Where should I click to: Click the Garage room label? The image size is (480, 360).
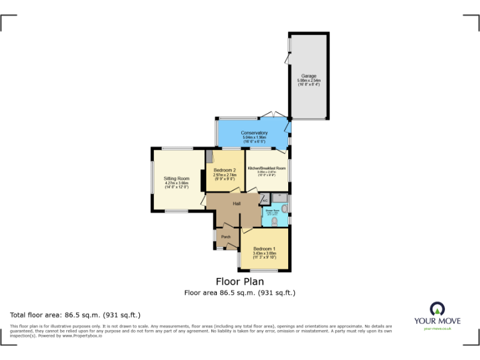[308, 76]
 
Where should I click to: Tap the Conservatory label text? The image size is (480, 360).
[254, 133]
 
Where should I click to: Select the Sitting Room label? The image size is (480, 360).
[176, 179]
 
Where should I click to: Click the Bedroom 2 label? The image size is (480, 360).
[224, 170]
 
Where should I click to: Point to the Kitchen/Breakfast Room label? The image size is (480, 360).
[266, 169]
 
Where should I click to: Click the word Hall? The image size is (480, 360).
[237, 204]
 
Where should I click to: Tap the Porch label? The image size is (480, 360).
[226, 237]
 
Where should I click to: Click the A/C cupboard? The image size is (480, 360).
[265, 200]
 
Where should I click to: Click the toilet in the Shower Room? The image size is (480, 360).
[274, 221]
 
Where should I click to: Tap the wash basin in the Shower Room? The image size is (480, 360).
[285, 209]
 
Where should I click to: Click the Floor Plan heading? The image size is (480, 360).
[239, 281]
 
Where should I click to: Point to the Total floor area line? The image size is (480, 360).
[76, 315]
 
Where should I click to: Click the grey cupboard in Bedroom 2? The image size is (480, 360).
[210, 157]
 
